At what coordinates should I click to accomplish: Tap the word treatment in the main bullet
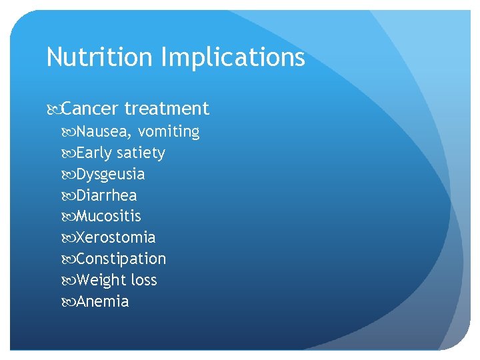(167, 108)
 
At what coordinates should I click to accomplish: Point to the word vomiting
(169, 132)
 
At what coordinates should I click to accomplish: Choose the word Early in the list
(94, 153)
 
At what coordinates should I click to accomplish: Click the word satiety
(141, 153)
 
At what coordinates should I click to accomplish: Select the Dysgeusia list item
(111, 175)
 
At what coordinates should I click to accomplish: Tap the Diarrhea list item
(107, 195)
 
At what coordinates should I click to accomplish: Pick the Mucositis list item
(109, 216)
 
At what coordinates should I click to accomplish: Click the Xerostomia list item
(116, 237)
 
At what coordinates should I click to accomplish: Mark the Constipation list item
(121, 259)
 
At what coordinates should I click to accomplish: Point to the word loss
(143, 280)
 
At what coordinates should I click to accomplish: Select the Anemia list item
(103, 301)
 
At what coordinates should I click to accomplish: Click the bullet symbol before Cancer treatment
(53, 109)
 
